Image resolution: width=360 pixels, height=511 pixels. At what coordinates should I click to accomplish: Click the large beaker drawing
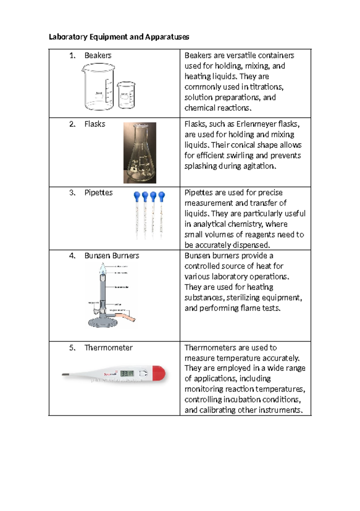(x=98, y=87)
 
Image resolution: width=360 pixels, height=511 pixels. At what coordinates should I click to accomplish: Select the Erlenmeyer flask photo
(x=140, y=153)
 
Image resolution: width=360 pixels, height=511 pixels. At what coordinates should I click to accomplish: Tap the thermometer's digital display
(x=127, y=373)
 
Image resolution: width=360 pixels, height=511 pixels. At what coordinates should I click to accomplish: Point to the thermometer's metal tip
(x=66, y=374)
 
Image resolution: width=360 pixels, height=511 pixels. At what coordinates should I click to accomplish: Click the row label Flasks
(x=95, y=124)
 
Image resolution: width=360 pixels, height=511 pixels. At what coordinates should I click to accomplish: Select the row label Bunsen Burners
(x=112, y=255)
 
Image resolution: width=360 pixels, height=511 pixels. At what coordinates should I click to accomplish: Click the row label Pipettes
(x=98, y=192)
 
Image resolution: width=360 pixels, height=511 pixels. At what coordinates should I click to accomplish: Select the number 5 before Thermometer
(x=72, y=348)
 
